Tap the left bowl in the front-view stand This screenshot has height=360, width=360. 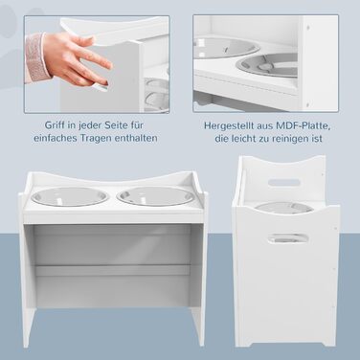70,196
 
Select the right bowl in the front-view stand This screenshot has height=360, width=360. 156,195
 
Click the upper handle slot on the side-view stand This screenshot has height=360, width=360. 284,183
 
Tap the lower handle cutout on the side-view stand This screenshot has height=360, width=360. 288,238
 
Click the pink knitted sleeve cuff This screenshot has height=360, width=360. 36,57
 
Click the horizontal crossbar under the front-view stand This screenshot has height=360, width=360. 113,270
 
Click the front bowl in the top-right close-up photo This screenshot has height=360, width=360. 267,66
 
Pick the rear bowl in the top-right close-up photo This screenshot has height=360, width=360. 226,48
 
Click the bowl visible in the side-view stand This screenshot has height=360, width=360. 284,207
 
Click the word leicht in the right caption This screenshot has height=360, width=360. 245,139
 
